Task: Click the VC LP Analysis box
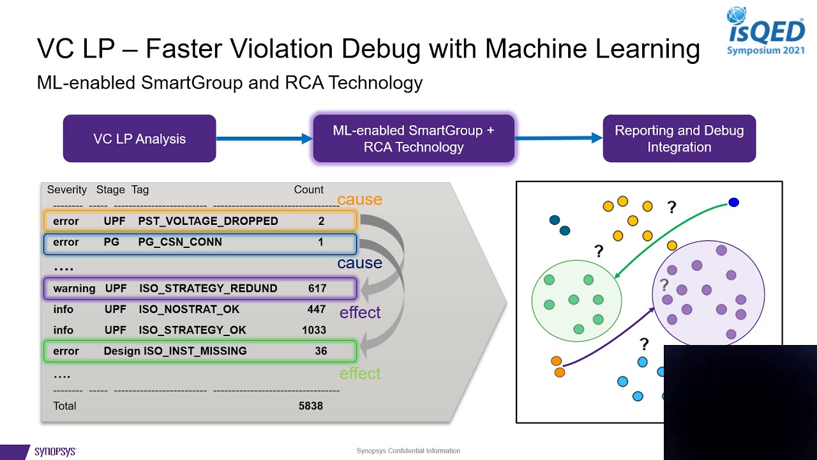[139, 139]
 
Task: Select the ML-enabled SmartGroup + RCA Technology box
[413, 139]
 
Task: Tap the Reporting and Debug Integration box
[679, 139]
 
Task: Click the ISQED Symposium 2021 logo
[765, 31]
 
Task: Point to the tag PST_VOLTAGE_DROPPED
[208, 221]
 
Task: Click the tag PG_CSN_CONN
[180, 242]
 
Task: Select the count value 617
[317, 288]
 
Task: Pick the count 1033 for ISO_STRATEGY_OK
[314, 330]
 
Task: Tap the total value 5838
[311, 406]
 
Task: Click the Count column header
[308, 190]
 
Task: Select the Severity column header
[67, 190]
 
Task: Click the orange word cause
[359, 199]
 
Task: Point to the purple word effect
[360, 312]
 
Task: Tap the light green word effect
[360, 373]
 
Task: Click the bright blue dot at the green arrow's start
[733, 203]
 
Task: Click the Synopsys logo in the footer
[55, 452]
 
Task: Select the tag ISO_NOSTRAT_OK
[189, 309]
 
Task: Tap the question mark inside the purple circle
[664, 285]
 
